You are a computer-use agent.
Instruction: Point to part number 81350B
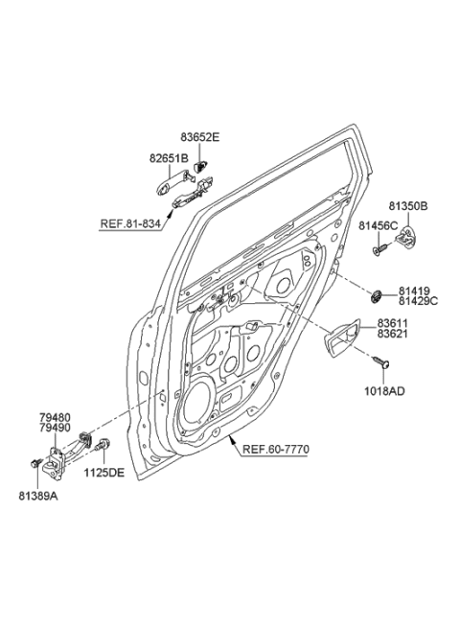coord(407,205)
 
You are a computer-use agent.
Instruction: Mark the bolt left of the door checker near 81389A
coord(37,465)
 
